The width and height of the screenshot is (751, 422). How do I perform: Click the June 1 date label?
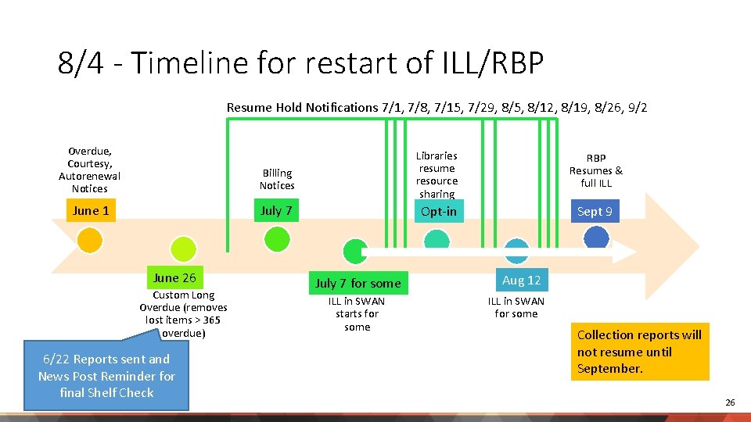click(91, 210)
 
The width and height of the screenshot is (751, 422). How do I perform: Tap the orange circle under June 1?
click(91, 240)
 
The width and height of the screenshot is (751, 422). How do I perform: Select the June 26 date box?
click(174, 277)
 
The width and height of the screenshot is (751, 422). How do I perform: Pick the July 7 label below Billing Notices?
click(276, 210)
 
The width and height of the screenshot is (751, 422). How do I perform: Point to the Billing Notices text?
click(277, 179)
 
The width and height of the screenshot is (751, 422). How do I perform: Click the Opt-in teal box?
click(438, 211)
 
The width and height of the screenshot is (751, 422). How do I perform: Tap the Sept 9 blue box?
click(595, 211)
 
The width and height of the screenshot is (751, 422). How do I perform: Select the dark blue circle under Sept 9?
click(596, 237)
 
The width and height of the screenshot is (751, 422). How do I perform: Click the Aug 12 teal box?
click(521, 280)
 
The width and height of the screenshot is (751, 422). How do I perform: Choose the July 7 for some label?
click(358, 283)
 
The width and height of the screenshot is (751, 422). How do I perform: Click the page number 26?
click(730, 402)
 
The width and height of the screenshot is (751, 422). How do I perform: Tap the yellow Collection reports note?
click(639, 352)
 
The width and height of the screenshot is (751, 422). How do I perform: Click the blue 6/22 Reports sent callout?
click(106, 376)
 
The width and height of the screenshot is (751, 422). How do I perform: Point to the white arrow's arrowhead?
click(624, 252)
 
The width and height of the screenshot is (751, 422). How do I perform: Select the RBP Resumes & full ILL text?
click(596, 170)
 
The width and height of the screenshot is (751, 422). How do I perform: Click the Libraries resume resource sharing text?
click(437, 175)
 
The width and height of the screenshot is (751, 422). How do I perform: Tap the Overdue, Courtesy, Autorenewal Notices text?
click(89, 170)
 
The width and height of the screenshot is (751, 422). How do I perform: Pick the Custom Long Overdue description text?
click(183, 314)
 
